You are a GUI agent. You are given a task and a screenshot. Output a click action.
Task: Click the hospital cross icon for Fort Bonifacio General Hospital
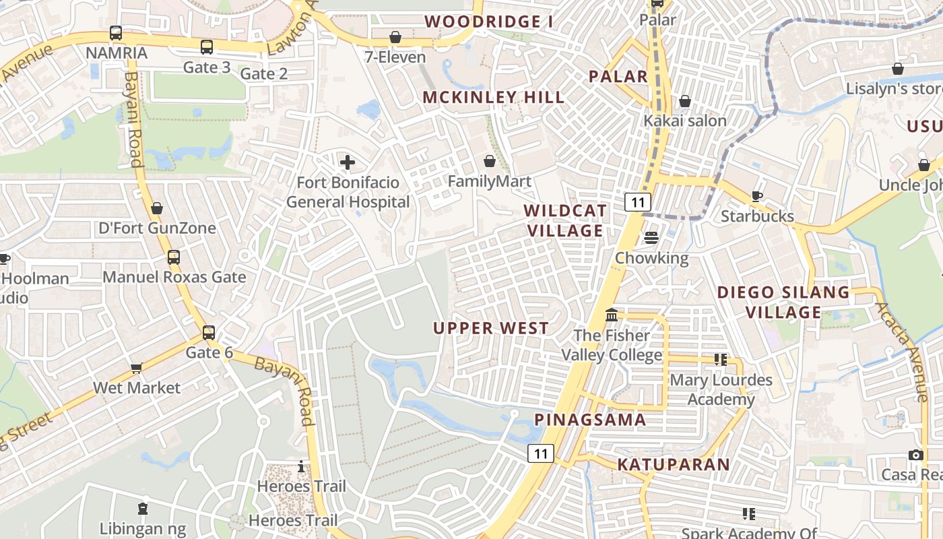[x=348, y=162]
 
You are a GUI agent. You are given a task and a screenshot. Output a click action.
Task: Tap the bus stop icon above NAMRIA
[x=116, y=33]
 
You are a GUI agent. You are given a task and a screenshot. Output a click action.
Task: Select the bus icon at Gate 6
[x=209, y=333]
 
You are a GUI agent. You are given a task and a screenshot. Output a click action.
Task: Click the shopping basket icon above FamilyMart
[x=490, y=162]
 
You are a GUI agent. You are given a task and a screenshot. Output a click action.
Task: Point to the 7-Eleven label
[x=395, y=57]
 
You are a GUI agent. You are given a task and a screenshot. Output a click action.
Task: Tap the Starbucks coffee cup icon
[x=757, y=196]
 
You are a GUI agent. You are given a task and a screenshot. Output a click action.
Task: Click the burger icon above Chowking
[x=651, y=238]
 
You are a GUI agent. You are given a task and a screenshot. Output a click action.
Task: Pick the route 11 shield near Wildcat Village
[x=637, y=201]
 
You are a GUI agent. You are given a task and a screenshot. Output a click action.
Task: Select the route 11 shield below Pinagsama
[x=540, y=453]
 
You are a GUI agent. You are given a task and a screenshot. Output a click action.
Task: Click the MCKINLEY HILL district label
[x=494, y=98]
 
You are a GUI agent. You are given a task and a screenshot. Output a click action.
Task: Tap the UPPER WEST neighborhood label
[x=491, y=329]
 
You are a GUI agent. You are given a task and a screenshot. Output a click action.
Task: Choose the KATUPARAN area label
[x=674, y=464]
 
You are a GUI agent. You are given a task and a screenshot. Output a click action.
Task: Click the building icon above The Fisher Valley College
[x=612, y=315]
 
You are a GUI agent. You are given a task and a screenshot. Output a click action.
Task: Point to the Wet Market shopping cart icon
[x=137, y=368]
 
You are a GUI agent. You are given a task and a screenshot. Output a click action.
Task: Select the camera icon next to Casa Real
[x=915, y=455]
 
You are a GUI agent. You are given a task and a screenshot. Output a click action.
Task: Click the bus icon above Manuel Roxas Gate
[x=174, y=257]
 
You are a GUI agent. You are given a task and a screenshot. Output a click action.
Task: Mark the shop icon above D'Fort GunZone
[x=157, y=209]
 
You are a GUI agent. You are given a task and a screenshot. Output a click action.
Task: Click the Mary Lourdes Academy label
[x=721, y=390]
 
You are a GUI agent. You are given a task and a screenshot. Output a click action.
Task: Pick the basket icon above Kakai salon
[x=685, y=102]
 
